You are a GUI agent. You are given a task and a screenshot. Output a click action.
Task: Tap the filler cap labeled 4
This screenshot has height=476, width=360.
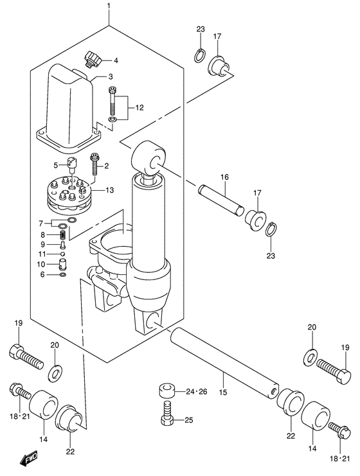93,58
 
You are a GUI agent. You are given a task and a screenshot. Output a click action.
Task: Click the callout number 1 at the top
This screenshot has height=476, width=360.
109,6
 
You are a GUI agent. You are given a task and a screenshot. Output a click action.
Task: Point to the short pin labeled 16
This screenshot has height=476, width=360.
221,200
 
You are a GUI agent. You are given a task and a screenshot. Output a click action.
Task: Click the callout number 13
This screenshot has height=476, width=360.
109,190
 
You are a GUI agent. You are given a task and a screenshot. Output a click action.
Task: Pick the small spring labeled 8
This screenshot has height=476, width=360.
63,234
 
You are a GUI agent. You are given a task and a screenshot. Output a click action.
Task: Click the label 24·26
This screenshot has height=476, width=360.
197,392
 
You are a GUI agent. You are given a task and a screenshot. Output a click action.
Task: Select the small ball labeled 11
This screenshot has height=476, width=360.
62,253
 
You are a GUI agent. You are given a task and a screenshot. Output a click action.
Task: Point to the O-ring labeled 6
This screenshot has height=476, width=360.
63,275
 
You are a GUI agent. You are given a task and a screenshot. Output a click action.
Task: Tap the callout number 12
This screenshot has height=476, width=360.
139,107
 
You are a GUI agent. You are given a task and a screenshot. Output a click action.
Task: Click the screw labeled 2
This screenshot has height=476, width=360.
93,165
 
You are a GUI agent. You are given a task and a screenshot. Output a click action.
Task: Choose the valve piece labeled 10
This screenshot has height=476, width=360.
62,263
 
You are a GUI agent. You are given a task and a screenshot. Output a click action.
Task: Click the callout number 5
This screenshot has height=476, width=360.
55,166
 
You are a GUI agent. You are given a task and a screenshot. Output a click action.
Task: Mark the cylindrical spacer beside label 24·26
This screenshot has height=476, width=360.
166,391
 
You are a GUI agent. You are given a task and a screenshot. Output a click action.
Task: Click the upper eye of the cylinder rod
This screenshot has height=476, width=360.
150,158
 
